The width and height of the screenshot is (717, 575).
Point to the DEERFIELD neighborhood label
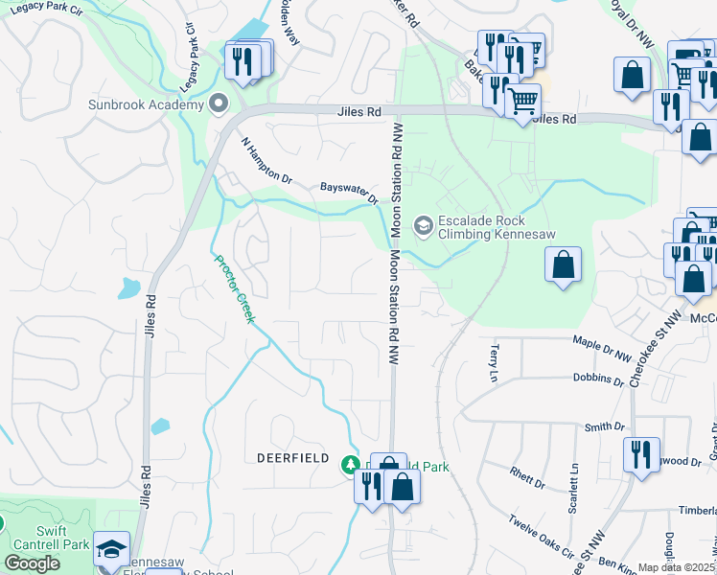pyautogui.click(x=293, y=458)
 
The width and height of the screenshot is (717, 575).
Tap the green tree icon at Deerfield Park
pyautogui.click(x=351, y=465)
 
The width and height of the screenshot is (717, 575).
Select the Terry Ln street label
pyautogui.click(x=495, y=361)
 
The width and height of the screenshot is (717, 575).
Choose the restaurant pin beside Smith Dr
pyautogui.click(x=640, y=454)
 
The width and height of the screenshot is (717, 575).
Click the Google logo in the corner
pyautogui.click(x=33, y=563)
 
